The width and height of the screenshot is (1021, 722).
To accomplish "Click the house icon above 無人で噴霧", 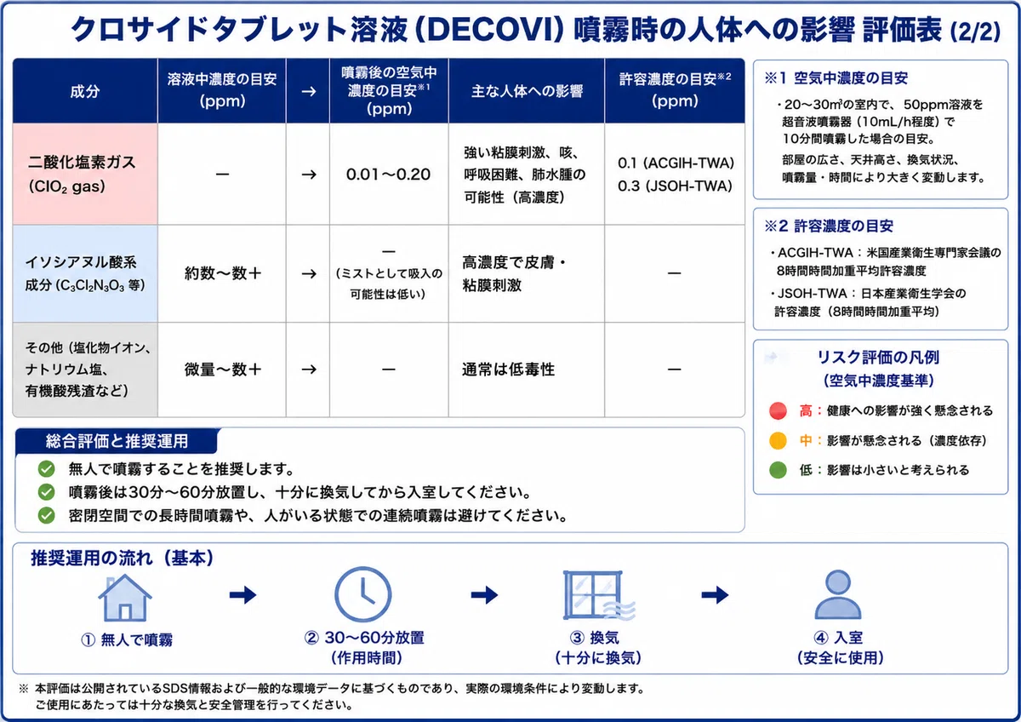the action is [125, 598].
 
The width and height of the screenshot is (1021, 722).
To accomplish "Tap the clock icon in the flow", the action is [362, 593].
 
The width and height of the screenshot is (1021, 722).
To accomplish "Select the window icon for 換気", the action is [598, 595].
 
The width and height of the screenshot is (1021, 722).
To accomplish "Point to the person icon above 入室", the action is [838, 593].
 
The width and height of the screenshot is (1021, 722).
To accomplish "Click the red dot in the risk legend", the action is [778, 410].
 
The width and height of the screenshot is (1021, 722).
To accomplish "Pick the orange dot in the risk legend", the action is [778, 440].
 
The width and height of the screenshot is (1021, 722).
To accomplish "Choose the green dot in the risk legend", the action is [778, 470].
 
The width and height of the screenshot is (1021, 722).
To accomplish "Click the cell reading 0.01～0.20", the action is [388, 175].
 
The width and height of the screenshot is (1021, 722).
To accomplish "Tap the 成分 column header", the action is [85, 91].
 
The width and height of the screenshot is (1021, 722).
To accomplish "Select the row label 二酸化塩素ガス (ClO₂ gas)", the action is [82, 174].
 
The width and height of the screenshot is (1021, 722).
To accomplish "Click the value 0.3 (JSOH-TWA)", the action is [675, 186].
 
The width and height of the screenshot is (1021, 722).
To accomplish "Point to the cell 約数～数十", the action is [222, 273].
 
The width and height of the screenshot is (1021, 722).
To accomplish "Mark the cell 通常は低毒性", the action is [508, 370].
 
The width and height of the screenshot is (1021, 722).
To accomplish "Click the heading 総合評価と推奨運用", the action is [117, 441].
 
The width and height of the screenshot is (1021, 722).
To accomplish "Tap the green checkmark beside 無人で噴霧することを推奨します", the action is [46, 468].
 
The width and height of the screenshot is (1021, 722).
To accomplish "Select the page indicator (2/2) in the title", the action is [975, 32].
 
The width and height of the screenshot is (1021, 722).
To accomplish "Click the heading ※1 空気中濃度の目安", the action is [836, 78].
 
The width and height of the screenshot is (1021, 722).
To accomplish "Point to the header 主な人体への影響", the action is [527, 91].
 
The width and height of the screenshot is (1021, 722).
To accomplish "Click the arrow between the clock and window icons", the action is [484, 595].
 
